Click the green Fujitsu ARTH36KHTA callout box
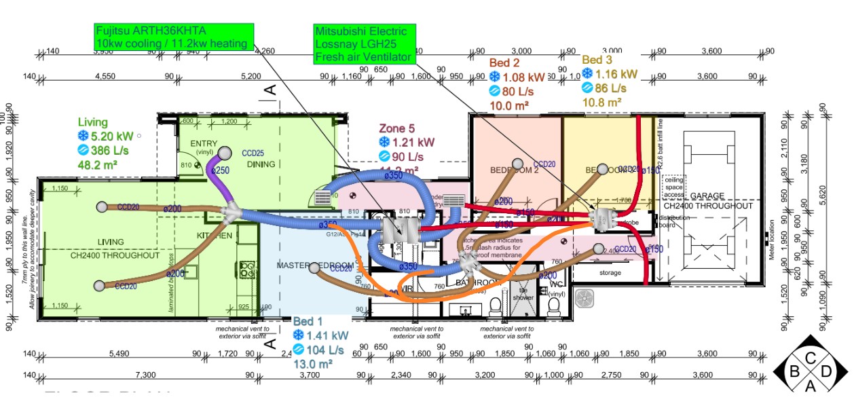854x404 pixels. click(174, 37)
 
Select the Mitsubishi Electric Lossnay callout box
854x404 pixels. click(364, 44)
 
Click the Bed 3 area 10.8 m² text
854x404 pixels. click(602, 103)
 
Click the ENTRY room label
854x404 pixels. click(203, 143)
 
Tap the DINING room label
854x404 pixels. click(261, 164)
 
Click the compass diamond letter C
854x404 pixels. click(811, 358)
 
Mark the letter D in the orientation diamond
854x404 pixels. click(826, 372)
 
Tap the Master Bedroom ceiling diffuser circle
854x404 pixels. click(314, 268)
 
